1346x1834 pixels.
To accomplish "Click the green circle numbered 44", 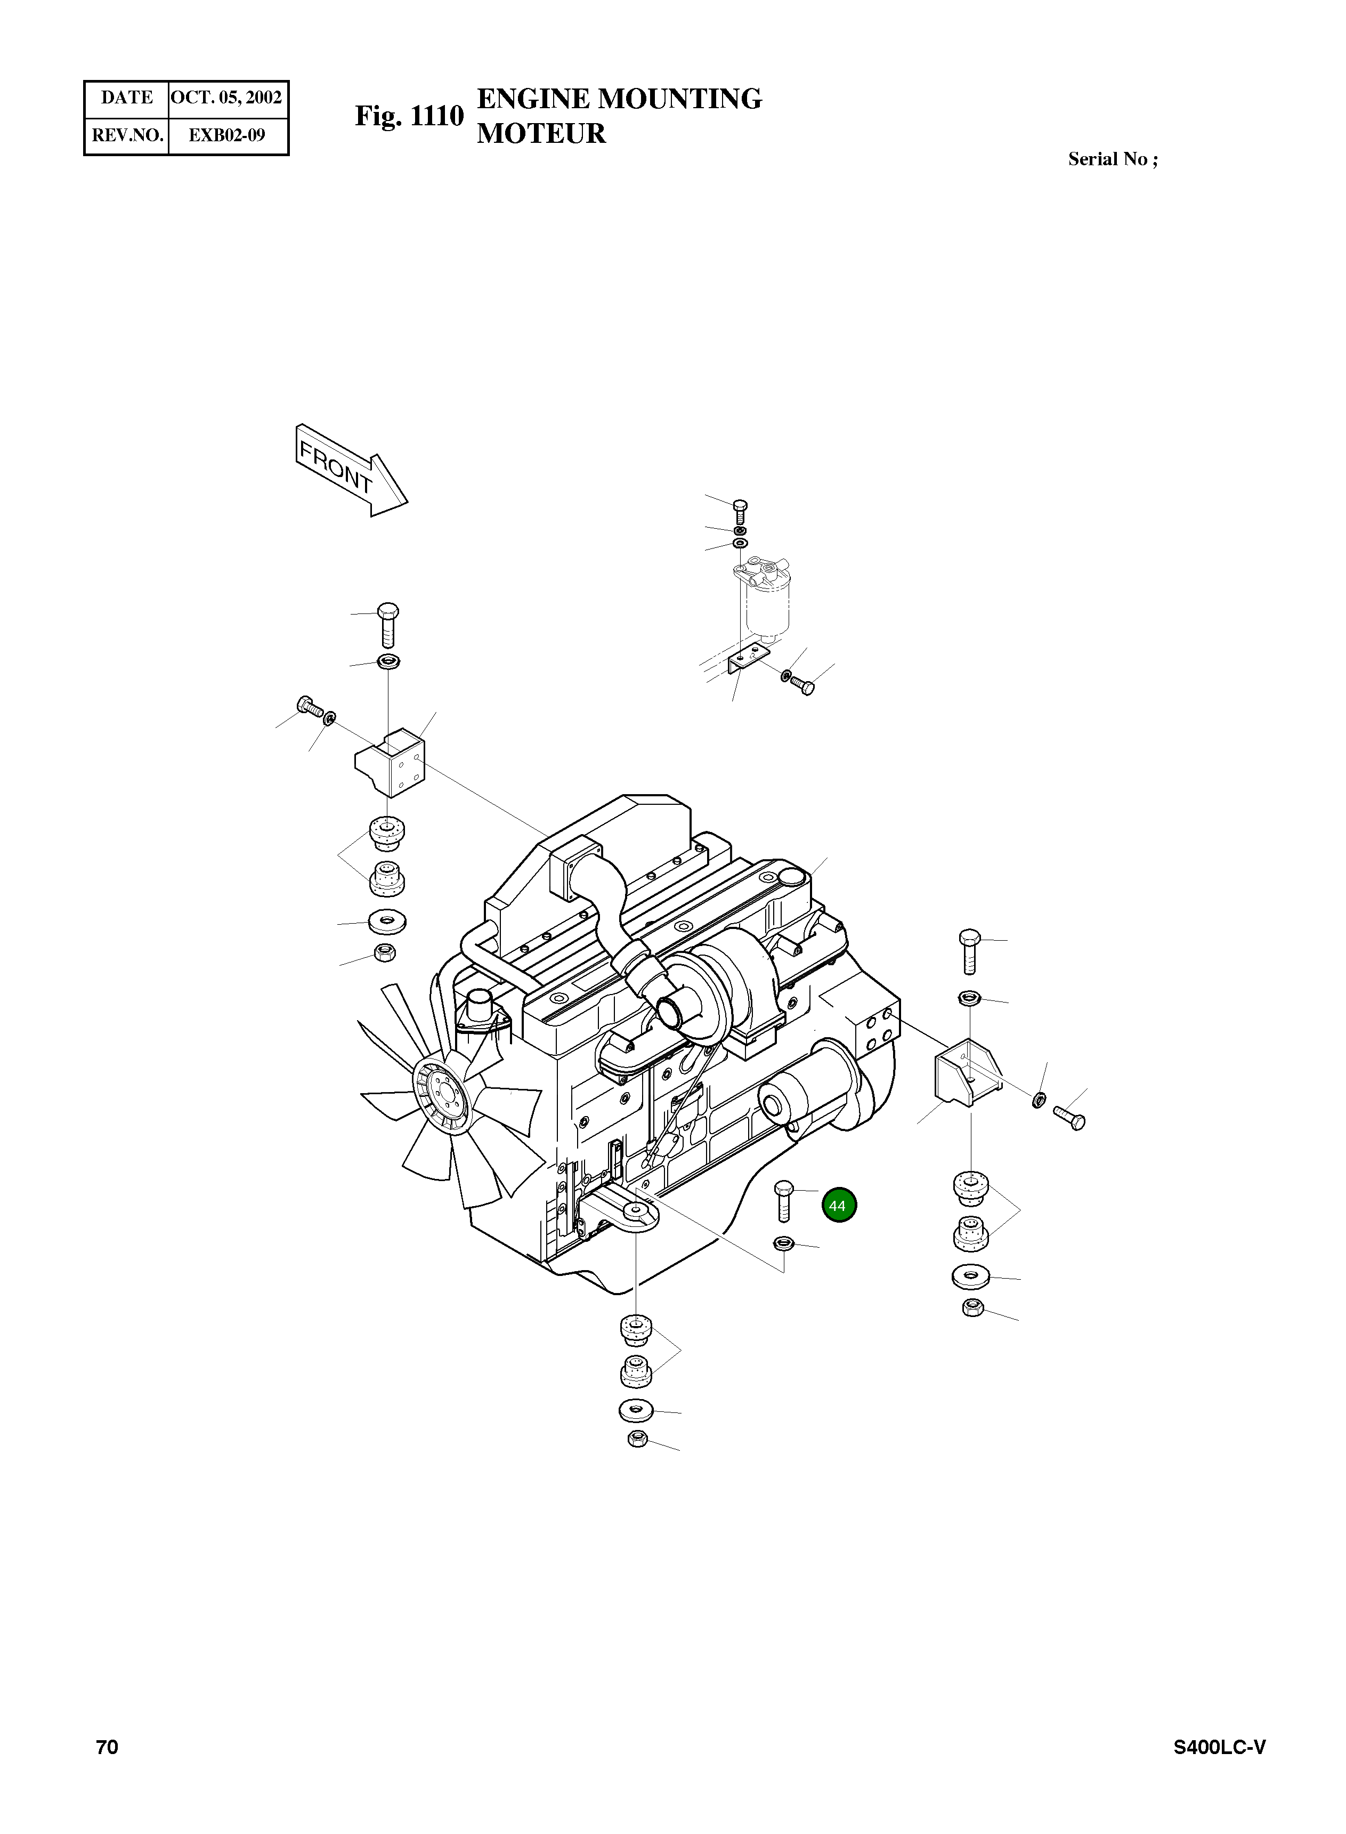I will pyautogui.click(x=838, y=1205).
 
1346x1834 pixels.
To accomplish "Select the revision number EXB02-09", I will pyautogui.click(x=226, y=135).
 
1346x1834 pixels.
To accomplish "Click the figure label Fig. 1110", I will pyautogui.click(x=409, y=117).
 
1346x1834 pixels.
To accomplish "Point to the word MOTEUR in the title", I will pyautogui.click(x=541, y=134).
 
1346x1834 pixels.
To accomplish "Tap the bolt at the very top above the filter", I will pyautogui.click(x=740, y=511).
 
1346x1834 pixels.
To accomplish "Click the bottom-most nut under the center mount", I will pyautogui.click(x=638, y=1440).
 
